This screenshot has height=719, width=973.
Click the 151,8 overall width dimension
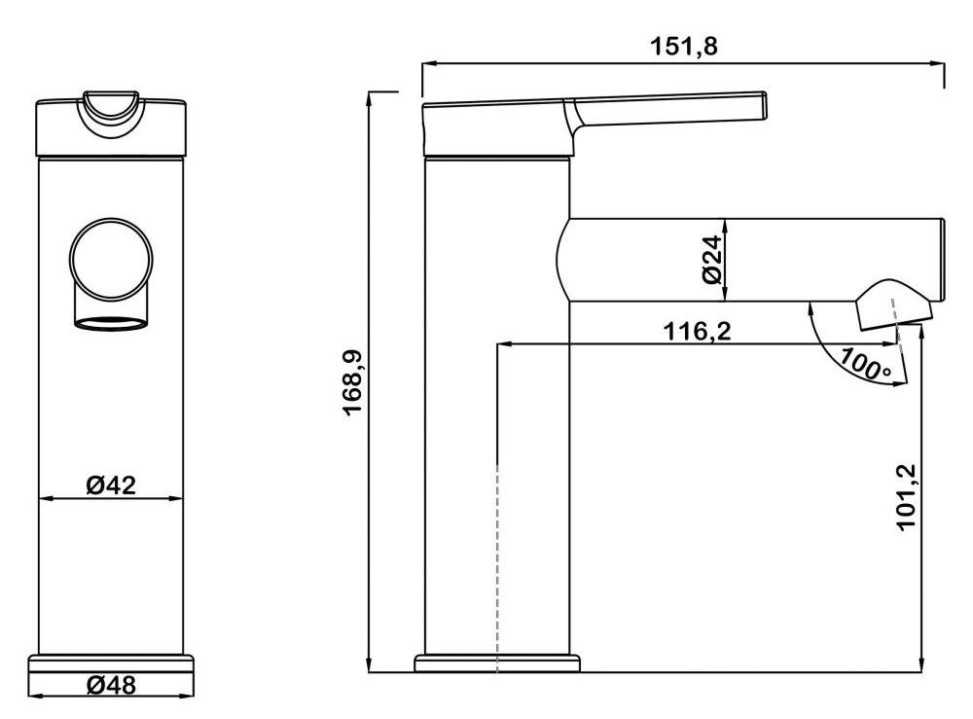(683, 46)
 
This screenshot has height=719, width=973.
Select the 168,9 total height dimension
(352, 382)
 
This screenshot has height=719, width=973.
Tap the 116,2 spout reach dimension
(697, 331)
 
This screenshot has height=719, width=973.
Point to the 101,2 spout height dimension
(907, 497)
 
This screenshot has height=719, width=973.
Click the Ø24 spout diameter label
(713, 260)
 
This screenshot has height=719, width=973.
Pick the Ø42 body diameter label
(111, 485)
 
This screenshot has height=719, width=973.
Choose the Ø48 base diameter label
(111, 685)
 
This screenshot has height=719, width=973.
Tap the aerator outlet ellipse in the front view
(112, 323)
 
